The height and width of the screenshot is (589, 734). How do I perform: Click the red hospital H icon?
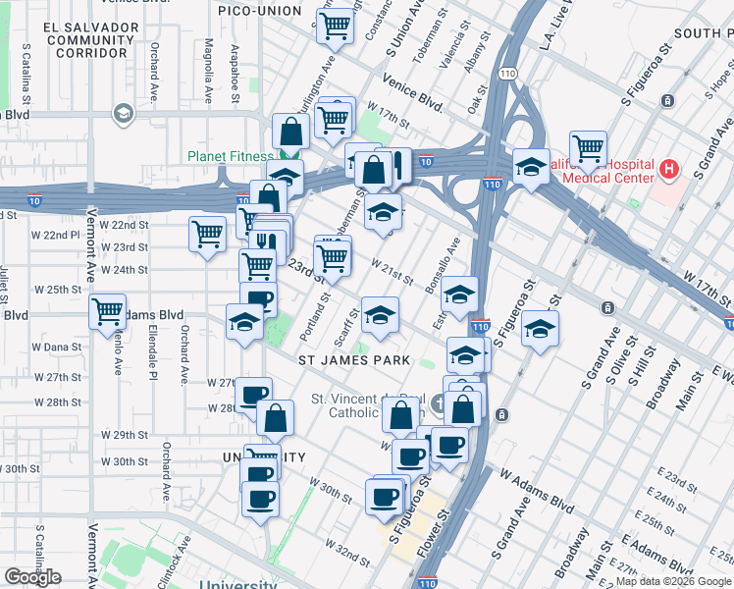point(669,170)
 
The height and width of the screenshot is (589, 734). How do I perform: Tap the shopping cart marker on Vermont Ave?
point(107,312)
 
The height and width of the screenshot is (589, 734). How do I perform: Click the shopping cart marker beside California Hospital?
point(588,149)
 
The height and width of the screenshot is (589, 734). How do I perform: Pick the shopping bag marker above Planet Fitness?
point(291,132)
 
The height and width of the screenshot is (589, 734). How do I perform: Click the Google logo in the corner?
point(32,577)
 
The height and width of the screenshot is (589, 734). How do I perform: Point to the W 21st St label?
point(392,271)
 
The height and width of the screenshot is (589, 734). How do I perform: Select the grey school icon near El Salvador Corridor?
point(123,114)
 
